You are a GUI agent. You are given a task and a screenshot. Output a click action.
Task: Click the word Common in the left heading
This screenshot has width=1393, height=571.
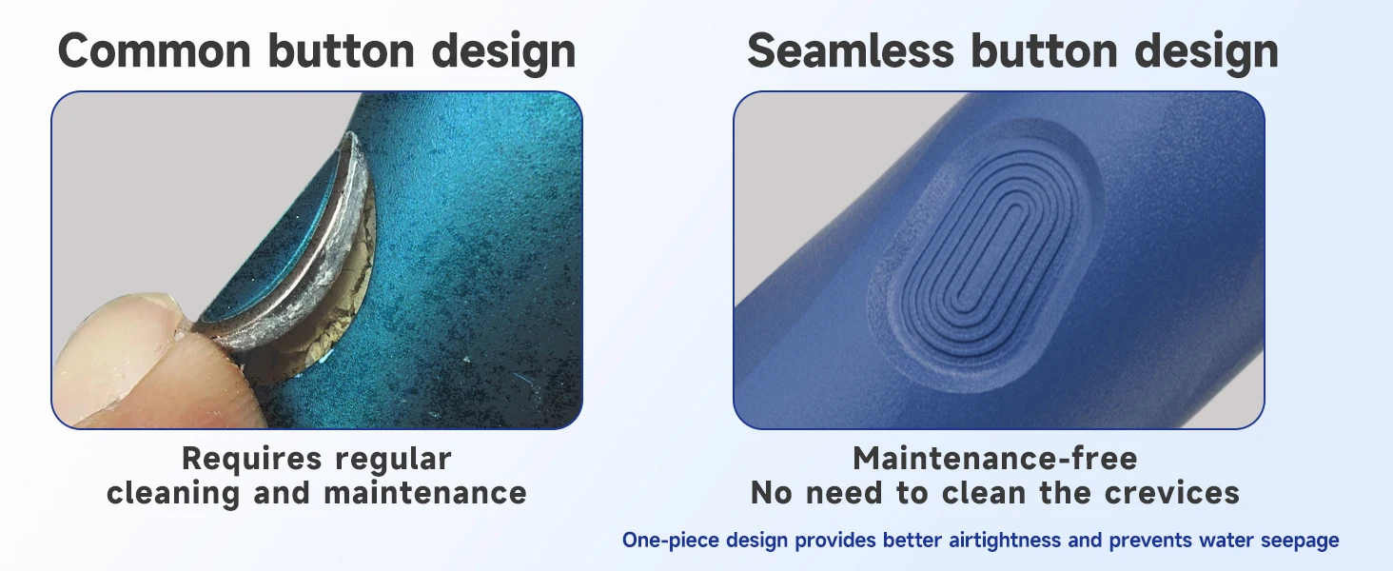coord(154,51)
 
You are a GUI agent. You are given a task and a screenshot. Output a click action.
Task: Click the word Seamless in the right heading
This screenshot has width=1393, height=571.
coord(850,51)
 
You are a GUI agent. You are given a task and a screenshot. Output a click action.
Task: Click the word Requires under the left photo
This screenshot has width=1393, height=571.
coord(252,460)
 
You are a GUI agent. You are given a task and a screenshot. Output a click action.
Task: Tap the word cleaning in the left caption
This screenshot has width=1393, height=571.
coord(173,494)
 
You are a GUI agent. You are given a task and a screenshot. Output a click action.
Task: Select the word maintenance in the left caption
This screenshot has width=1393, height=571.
coord(425,493)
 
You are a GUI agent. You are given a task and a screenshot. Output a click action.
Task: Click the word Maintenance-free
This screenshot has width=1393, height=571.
coord(995,459)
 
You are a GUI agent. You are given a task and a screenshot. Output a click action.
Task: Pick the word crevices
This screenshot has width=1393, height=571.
coord(1171,493)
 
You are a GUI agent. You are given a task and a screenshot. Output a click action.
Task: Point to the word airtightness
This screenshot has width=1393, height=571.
coord(1005,540)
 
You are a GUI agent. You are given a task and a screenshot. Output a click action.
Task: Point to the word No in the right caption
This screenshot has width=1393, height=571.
coord(771,493)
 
